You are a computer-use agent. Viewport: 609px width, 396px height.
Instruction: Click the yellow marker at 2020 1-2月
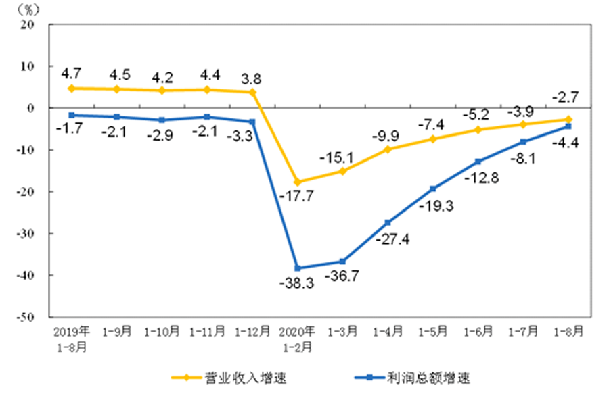(297, 182)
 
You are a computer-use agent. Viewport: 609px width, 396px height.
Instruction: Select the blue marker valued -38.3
(297, 268)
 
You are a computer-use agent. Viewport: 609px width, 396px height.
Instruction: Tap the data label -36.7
(342, 278)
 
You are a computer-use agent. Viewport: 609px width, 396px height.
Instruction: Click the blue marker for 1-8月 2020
(568, 126)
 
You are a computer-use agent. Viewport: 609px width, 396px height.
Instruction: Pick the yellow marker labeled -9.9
(388, 149)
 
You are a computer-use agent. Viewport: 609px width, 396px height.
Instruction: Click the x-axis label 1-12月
(252, 333)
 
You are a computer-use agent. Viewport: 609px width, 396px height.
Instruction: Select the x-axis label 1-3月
(342, 333)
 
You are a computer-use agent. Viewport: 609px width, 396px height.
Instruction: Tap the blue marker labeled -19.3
(433, 189)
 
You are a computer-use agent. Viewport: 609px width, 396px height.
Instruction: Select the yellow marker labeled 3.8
(252, 92)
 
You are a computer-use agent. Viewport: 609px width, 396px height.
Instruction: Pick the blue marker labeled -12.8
(478, 162)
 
